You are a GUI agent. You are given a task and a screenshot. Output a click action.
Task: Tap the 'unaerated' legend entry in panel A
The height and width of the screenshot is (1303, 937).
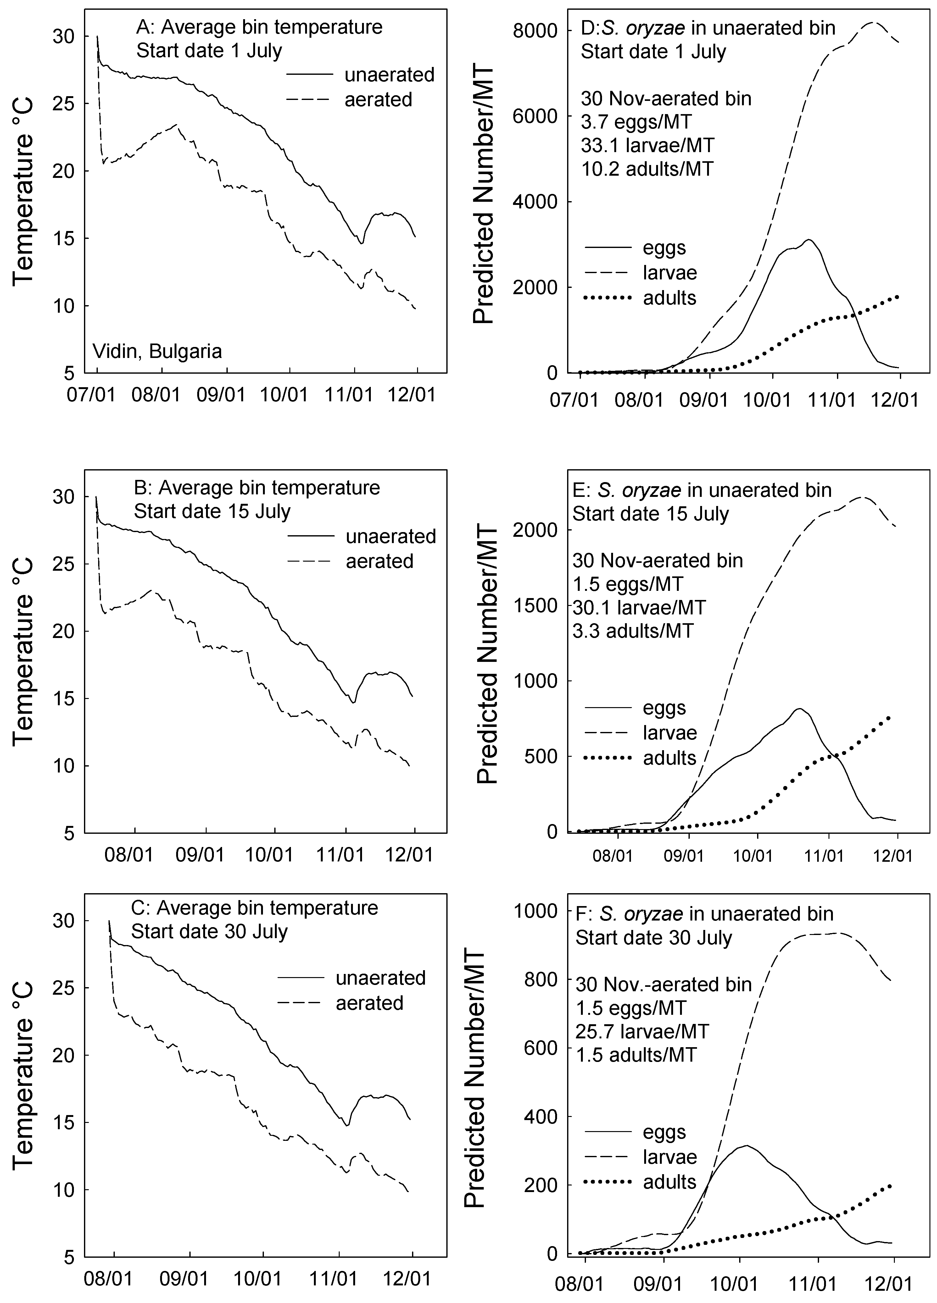click(389, 75)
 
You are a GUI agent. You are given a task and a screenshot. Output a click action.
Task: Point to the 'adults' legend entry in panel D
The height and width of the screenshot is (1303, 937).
click(670, 298)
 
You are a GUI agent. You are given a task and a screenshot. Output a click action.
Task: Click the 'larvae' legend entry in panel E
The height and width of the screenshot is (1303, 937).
click(670, 733)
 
